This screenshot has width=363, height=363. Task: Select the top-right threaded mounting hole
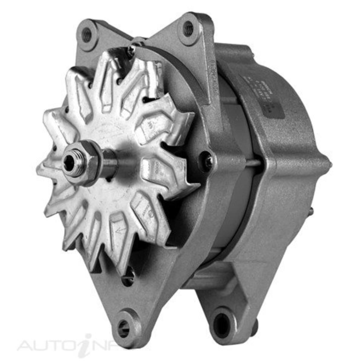coord(188,29)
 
